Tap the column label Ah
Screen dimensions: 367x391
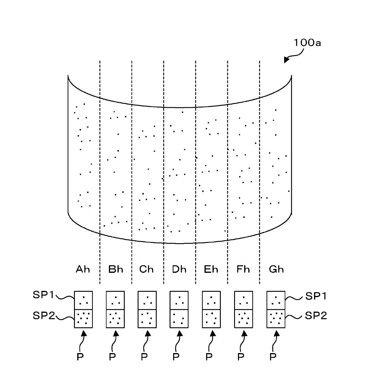[83, 269]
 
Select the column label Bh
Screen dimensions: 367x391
[116, 269]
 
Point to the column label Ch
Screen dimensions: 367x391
[146, 269]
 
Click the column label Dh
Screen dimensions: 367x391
[179, 269]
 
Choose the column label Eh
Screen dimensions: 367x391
[211, 269]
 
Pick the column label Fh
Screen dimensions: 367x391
[243, 269]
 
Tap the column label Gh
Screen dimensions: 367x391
[276, 269]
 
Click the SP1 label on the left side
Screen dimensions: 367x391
[43, 295]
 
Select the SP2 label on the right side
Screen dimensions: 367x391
[316, 315]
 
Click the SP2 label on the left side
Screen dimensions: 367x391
[44, 315]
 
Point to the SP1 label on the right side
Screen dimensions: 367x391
[316, 296]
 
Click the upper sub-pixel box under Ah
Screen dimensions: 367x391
[83, 300]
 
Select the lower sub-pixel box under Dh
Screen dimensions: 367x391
[179, 319]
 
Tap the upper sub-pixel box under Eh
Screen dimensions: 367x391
[211, 300]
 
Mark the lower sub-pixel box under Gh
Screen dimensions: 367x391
[276, 319]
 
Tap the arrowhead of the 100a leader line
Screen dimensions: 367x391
[286, 60]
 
